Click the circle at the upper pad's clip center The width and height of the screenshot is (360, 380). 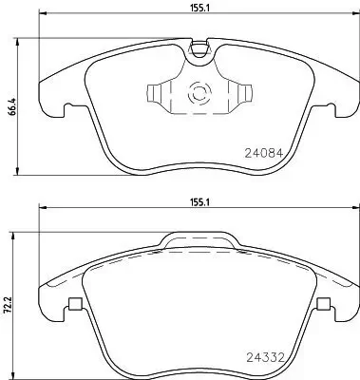tap(200, 94)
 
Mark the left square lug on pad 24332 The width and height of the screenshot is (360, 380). tap(73, 305)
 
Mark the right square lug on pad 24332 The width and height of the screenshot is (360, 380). tap(323, 305)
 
